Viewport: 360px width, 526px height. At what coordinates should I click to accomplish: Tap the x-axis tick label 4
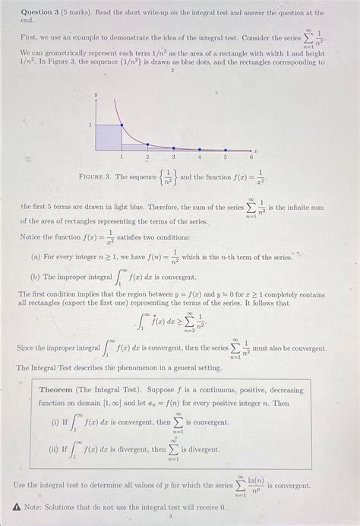pyautogui.click(x=200, y=157)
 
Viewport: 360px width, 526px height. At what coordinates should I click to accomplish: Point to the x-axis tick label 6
pyautogui.click(x=251, y=157)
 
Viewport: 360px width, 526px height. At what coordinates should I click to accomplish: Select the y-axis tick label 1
pyautogui.click(x=90, y=125)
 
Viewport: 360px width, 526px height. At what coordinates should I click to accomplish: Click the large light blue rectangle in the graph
pyautogui.click(x=108, y=137)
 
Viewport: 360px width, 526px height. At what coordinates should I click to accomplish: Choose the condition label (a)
pyautogui.click(x=36, y=257)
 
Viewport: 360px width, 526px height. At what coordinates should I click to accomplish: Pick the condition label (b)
pyautogui.click(x=36, y=277)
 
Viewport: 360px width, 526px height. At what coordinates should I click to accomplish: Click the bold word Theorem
pyautogui.click(x=58, y=389)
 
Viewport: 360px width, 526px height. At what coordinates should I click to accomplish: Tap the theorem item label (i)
pyautogui.click(x=53, y=422)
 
